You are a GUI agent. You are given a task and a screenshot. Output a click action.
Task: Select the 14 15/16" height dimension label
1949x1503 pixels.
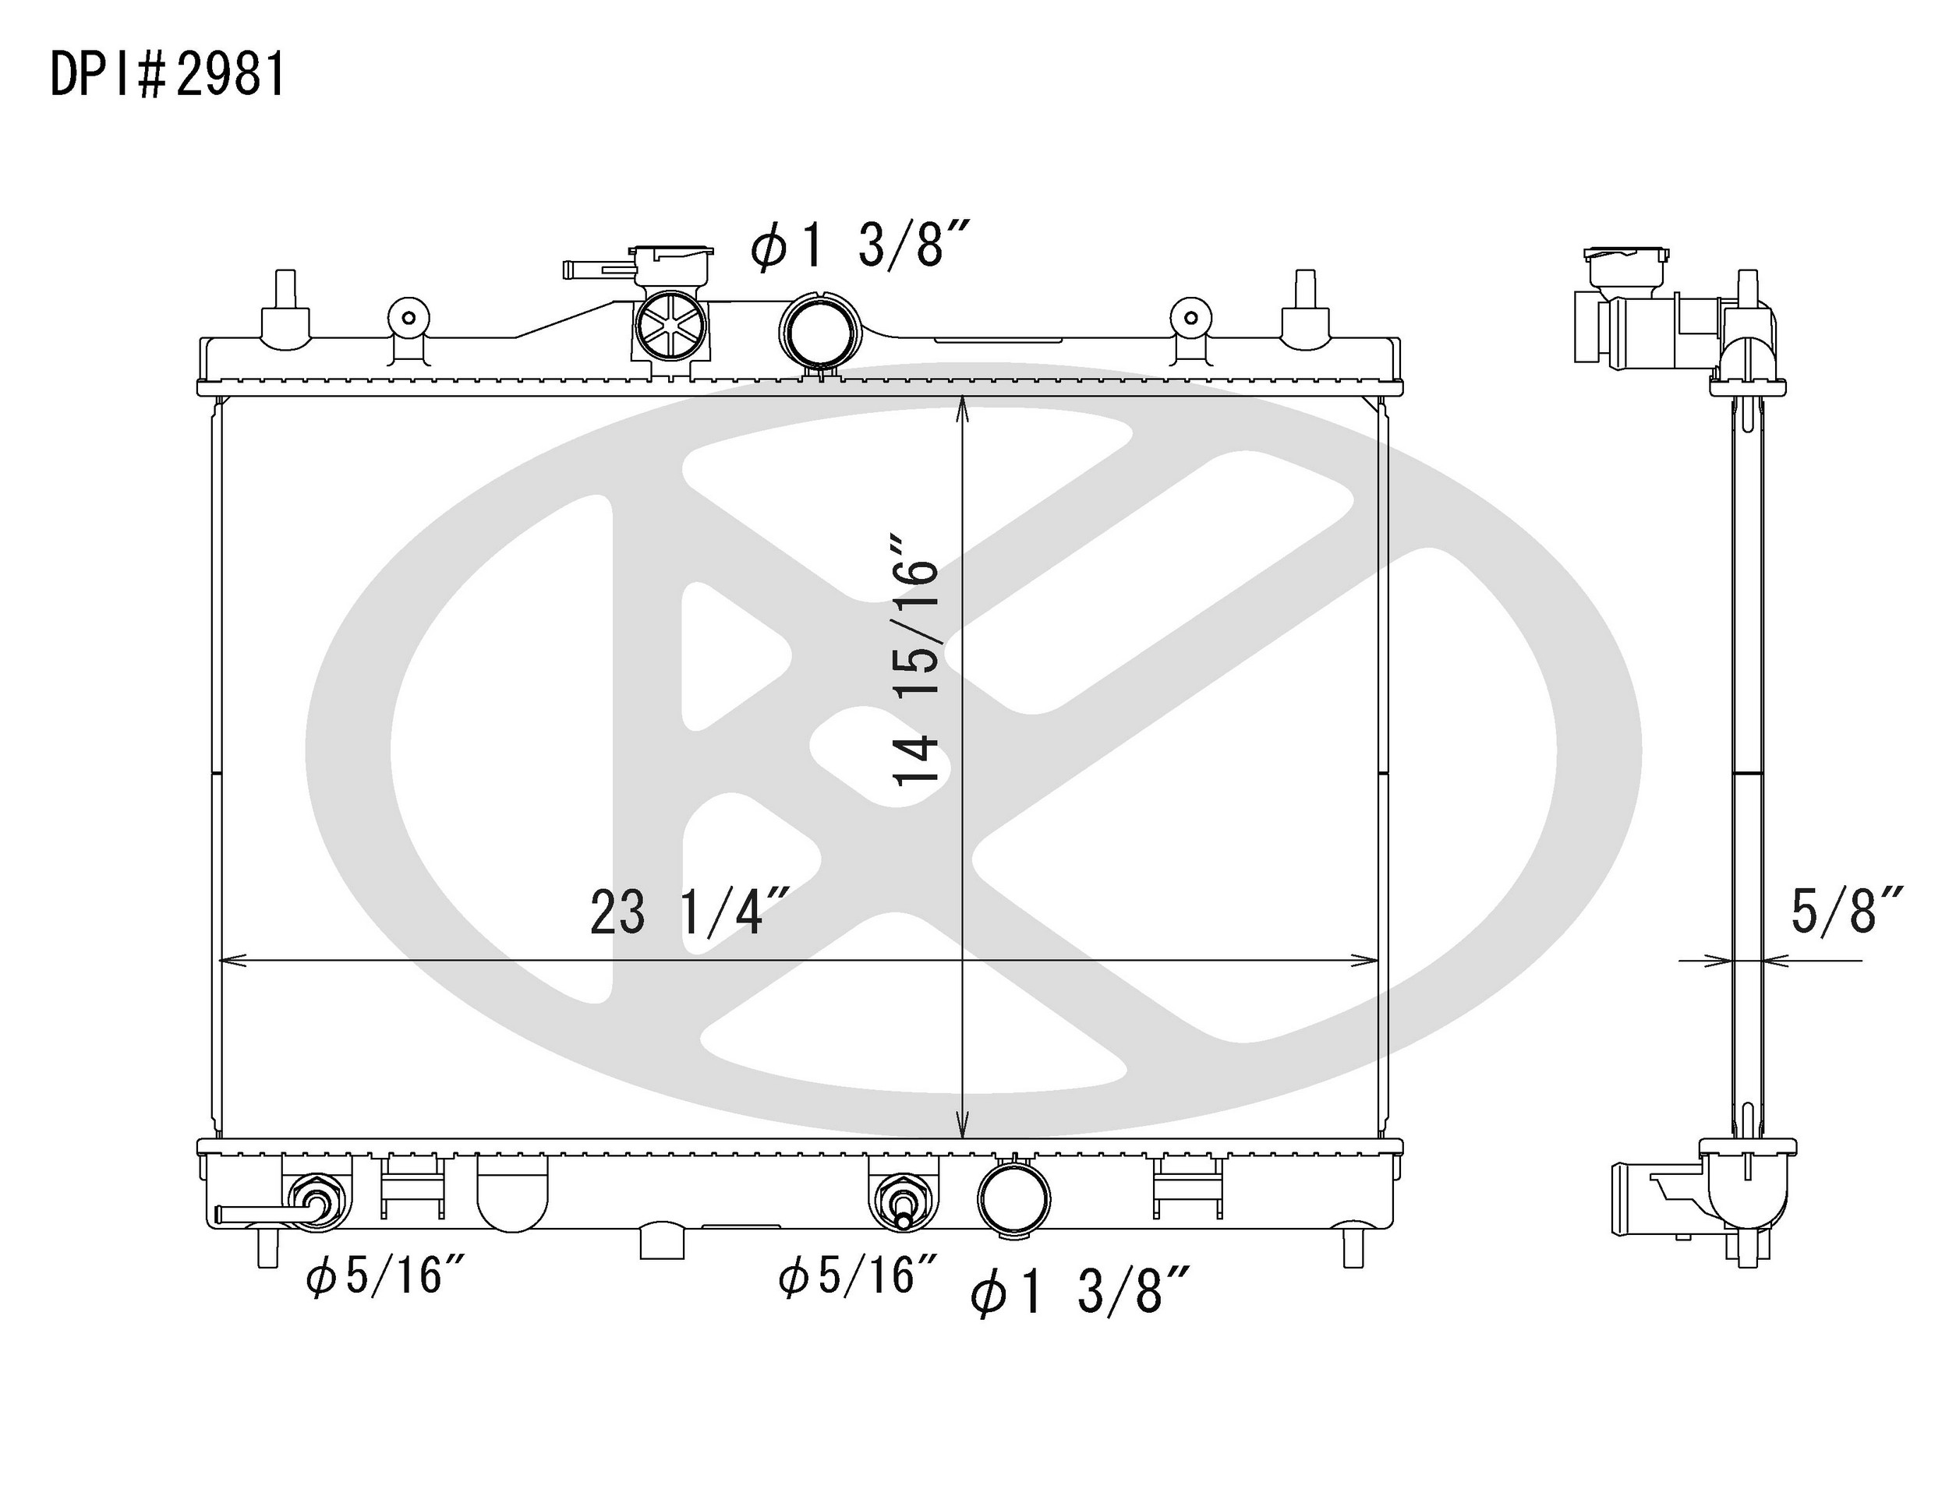coord(917,660)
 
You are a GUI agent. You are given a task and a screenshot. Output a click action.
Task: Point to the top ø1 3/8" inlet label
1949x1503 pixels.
coord(859,242)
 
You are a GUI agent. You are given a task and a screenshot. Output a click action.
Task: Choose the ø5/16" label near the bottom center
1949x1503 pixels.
coord(858,1275)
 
